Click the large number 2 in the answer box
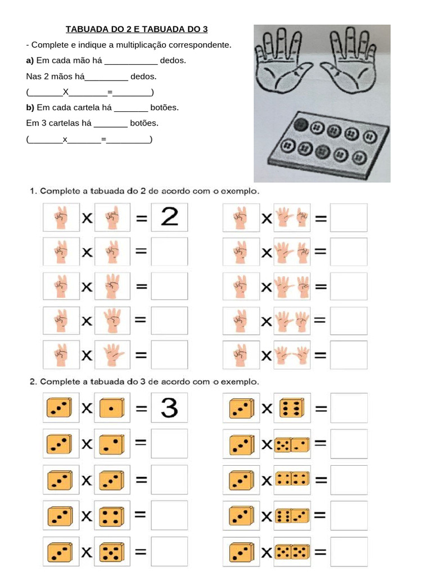[169, 217]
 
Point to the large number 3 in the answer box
[169, 408]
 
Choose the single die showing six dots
[291, 408]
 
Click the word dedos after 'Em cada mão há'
[173, 60]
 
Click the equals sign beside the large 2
[141, 218]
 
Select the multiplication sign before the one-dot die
[87, 409]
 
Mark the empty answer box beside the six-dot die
[349, 408]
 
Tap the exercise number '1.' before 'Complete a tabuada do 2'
[33, 191]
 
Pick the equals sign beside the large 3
[141, 409]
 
